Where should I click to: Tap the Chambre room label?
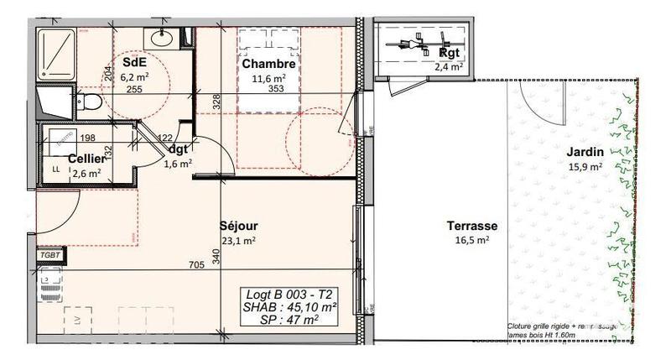click(x=268, y=64)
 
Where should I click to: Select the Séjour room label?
click(x=238, y=226)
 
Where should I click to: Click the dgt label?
click(x=178, y=150)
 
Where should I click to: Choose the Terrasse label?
click(x=472, y=226)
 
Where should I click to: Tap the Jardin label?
click(x=583, y=152)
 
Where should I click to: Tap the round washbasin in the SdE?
click(x=159, y=38)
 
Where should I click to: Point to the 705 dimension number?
click(x=195, y=266)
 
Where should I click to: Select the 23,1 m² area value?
click(x=238, y=240)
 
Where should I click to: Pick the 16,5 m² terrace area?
click(x=472, y=240)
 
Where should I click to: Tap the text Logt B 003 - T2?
click(x=288, y=294)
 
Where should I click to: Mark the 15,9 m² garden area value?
click(x=584, y=166)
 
